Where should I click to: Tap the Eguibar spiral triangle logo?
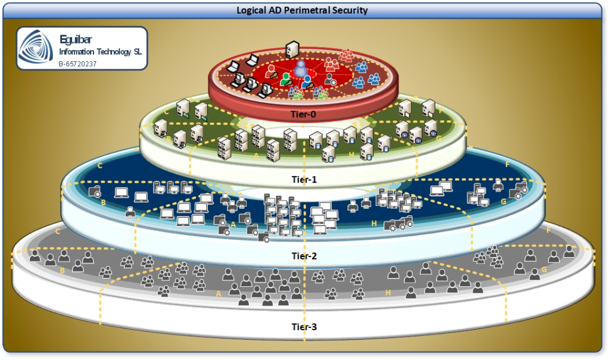tap(36, 48)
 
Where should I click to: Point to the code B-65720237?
tap(77, 63)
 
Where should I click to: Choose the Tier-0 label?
tap(304, 115)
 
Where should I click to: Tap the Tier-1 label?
tap(304, 177)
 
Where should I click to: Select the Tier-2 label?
tap(304, 256)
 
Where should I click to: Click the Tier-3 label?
tap(304, 326)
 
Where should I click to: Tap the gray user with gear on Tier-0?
tap(329, 79)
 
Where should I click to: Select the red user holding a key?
tap(271, 72)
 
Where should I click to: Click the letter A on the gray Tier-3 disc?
tap(218, 293)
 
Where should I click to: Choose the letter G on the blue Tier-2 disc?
tap(503, 201)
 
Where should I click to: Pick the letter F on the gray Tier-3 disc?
tap(548, 229)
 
